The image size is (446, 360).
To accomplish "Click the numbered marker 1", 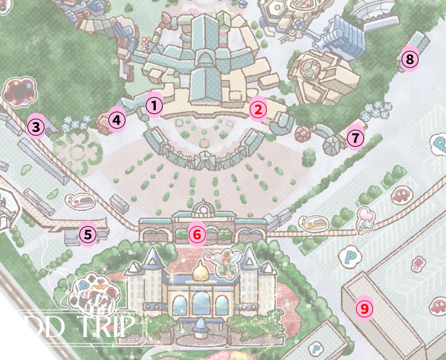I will tap(155, 105).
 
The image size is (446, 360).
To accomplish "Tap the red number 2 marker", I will tap(258, 108).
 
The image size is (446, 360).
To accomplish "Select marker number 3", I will tap(36, 127).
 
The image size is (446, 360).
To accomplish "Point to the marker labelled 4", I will tap(117, 121).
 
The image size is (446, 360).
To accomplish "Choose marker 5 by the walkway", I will tap(88, 234).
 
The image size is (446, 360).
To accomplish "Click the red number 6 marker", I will tap(197, 233).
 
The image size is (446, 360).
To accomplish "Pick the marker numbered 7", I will tap(355, 138).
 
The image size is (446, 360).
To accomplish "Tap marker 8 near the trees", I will tap(409, 60).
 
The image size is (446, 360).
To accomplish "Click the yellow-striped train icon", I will tap(314, 222).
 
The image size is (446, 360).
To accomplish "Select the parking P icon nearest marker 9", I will tap(347, 257).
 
